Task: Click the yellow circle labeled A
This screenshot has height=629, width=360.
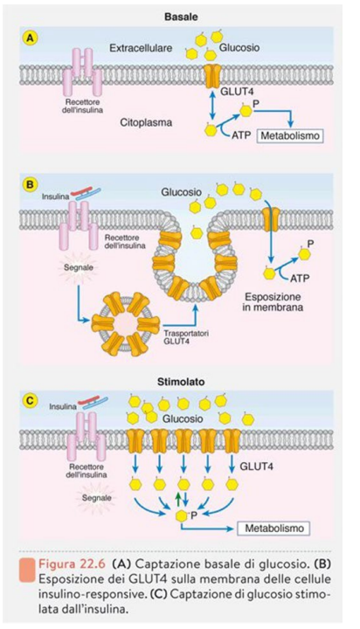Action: pyautogui.click(x=31, y=38)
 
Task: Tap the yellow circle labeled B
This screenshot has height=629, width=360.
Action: pyautogui.click(x=31, y=185)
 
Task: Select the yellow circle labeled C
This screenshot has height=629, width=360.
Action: pyautogui.click(x=31, y=400)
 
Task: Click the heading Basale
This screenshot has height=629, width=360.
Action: pyautogui.click(x=181, y=17)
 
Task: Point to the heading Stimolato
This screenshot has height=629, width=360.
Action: pyautogui.click(x=181, y=382)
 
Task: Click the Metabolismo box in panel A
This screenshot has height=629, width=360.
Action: pyautogui.click(x=290, y=135)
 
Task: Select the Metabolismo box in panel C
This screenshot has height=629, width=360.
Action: pyautogui.click(x=274, y=528)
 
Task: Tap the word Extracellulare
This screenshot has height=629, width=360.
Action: pyautogui.click(x=141, y=48)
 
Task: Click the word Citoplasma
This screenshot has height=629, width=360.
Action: pyautogui.click(x=146, y=123)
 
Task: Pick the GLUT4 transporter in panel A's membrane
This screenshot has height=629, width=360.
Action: pyautogui.click(x=212, y=75)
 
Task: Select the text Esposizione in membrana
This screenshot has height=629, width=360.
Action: pyautogui.click(x=273, y=302)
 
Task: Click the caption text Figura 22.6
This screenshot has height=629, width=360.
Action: pyautogui.click(x=72, y=563)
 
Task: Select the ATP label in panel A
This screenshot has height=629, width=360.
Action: pyautogui.click(x=242, y=135)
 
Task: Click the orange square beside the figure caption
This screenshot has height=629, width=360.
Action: pyautogui.click(x=26, y=570)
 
